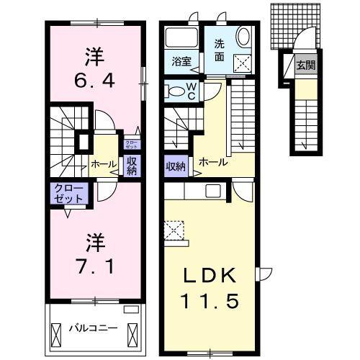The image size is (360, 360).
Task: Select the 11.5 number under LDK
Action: [x=210, y=300]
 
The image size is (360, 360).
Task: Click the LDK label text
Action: [x=210, y=276]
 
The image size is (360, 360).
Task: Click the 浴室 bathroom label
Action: [x=181, y=62]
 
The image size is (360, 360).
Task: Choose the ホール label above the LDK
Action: [x=213, y=162]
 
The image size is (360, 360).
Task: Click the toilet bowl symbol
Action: [x=175, y=91]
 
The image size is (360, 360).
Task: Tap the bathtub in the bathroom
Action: [x=181, y=37]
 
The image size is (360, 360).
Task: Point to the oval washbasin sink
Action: [x=243, y=38]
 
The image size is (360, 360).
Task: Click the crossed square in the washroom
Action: [x=243, y=65]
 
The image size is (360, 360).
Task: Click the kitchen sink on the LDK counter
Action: [x=214, y=190]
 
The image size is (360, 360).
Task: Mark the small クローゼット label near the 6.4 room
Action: [x=132, y=145]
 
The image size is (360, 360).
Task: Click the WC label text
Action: [x=192, y=90]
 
